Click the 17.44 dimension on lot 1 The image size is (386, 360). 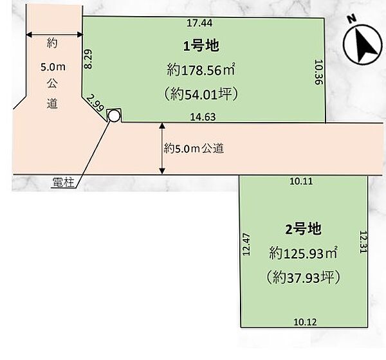[x=199, y=23]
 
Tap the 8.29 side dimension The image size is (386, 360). [x=88, y=59]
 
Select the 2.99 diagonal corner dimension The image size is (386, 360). [x=95, y=104]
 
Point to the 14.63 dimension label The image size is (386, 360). [x=203, y=116]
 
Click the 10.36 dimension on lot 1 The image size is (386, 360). [x=318, y=72]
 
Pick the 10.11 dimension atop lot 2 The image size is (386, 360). [x=301, y=181]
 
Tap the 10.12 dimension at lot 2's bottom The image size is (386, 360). [x=305, y=322]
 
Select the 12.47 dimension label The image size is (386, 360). [x=246, y=244]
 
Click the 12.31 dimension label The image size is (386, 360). [x=363, y=242]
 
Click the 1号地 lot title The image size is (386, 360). [x=201, y=46]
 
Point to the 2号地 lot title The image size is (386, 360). [x=303, y=229]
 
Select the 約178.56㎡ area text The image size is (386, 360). [x=201, y=70]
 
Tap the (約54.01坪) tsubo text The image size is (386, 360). [x=201, y=94]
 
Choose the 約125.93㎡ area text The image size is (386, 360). [x=303, y=253]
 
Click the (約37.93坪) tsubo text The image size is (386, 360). [x=303, y=277]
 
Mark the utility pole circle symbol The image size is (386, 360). [x=114, y=116]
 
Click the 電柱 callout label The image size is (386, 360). [x=63, y=183]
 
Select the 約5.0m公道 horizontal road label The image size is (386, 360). [x=194, y=148]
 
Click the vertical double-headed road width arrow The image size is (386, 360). [x=162, y=148]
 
